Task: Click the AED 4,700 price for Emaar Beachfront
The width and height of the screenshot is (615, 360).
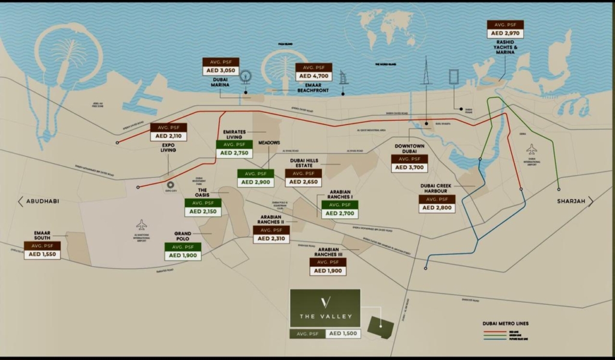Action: click(x=314, y=76)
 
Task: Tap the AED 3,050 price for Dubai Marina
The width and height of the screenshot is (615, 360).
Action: click(x=220, y=71)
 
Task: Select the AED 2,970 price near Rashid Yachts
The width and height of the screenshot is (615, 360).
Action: click(x=505, y=33)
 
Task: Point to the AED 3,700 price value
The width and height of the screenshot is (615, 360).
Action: click(x=410, y=168)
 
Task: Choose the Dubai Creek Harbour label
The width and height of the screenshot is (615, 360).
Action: click(x=437, y=188)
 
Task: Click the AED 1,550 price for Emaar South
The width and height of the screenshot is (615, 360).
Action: click(x=43, y=255)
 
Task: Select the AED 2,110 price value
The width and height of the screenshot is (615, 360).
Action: click(x=168, y=136)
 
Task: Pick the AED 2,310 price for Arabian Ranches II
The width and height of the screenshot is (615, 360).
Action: click(x=271, y=239)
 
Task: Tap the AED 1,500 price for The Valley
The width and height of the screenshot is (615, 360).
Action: click(x=343, y=334)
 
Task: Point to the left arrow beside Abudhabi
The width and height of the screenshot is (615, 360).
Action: click(x=20, y=201)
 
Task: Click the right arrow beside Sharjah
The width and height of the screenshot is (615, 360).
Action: click(x=590, y=201)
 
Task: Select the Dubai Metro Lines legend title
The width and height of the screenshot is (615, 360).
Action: click(x=506, y=324)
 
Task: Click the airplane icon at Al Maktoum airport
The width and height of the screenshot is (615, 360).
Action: click(x=141, y=224)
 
